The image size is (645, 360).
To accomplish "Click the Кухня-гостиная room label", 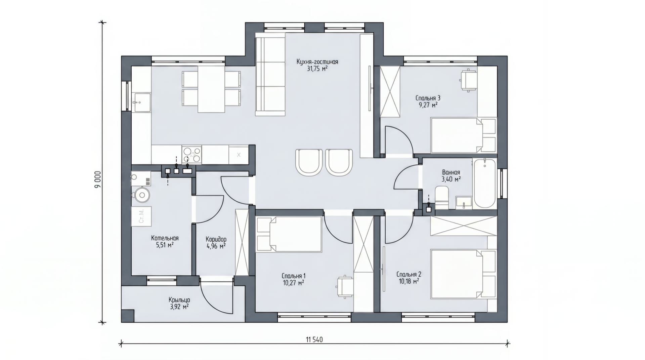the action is (x=317, y=62).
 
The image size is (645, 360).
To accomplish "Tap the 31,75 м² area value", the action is (x=317, y=69).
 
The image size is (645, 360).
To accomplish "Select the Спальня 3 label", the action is (x=428, y=98).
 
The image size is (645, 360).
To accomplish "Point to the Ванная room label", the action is (x=451, y=172).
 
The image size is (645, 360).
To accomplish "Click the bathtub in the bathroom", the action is (x=484, y=184).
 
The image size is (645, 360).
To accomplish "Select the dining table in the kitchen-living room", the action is (x=211, y=89).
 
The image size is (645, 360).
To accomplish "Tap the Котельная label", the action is (x=165, y=238).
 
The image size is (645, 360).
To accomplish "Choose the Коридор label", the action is (x=216, y=239).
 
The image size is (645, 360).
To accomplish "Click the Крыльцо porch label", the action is (x=179, y=300).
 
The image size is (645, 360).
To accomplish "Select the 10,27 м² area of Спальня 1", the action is (x=294, y=283).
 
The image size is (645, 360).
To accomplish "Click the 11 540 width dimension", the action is (x=314, y=339).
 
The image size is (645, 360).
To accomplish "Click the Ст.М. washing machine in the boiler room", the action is (x=141, y=216).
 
